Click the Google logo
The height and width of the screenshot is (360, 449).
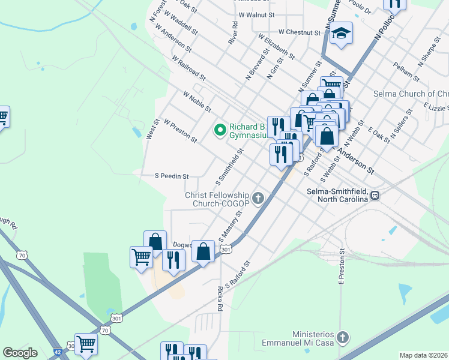(20, 353)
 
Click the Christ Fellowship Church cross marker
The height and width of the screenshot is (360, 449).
(259, 198)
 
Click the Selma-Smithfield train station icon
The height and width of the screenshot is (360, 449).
(375, 194)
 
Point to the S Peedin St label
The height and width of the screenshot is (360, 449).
(172, 176)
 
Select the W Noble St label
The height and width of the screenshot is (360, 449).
(197, 102)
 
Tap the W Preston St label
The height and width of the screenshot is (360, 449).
(180, 130)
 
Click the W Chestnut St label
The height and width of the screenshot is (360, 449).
(300, 32)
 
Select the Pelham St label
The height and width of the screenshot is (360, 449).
(406, 71)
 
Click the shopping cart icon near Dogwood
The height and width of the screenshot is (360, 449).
(141, 257)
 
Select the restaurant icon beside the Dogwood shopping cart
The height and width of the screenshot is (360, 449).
(173, 260)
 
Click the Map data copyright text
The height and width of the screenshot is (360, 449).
(424, 355)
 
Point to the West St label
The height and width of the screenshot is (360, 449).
(152, 129)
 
